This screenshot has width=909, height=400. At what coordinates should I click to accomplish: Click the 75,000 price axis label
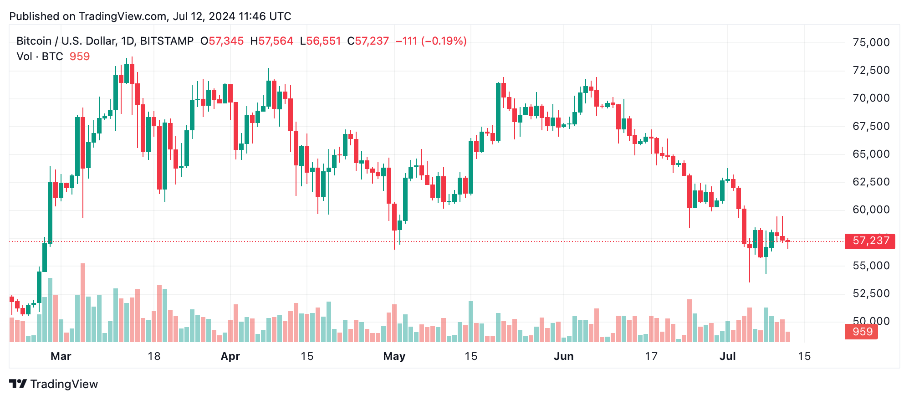tap(871, 42)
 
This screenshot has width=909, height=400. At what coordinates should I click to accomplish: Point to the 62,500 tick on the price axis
tap(871, 182)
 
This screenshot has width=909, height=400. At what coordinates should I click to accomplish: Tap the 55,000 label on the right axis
tap(871, 266)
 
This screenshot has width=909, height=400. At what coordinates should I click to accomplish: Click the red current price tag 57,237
tap(870, 241)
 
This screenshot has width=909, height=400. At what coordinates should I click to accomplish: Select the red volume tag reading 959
tap(862, 332)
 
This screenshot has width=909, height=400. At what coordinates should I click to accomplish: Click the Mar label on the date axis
tap(61, 356)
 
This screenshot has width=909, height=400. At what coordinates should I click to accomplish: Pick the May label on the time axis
tap(394, 356)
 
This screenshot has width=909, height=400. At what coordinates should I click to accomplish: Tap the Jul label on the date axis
tap(727, 356)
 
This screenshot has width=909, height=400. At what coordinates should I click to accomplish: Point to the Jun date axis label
tap(563, 356)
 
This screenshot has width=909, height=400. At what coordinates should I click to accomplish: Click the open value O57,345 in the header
tap(222, 41)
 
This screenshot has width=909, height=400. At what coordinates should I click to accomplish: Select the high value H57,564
tap(271, 41)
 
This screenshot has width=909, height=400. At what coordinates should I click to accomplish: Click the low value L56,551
tap(320, 41)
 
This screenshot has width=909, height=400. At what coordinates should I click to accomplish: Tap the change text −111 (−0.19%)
tap(431, 41)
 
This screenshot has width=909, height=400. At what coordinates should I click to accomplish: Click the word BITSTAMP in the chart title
tap(167, 41)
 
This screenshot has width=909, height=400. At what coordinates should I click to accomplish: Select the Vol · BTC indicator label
tap(40, 56)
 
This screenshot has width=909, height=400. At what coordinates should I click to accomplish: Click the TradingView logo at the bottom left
tap(54, 384)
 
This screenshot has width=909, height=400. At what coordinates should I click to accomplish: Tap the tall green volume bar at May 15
tap(471, 322)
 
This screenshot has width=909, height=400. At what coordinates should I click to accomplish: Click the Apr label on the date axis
tap(230, 356)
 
